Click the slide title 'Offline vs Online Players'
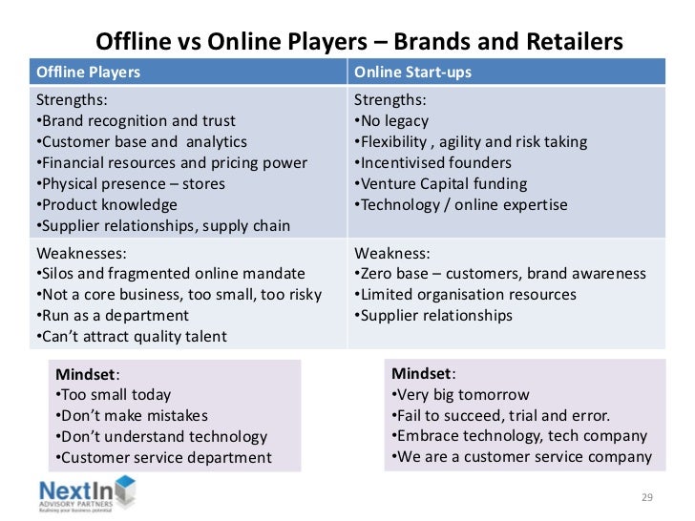click(x=359, y=43)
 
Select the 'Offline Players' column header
click(x=88, y=73)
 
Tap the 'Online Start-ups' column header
click(x=412, y=73)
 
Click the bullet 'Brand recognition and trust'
click(x=136, y=121)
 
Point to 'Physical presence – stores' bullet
click(x=131, y=184)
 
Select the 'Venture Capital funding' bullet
click(x=440, y=184)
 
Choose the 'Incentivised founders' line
click(x=432, y=163)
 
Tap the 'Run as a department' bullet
click(x=113, y=316)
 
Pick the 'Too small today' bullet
click(x=114, y=394)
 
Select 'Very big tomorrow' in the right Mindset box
click(x=460, y=394)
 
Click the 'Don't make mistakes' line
click(x=132, y=415)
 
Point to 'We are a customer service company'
click(x=521, y=457)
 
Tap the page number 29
click(x=646, y=497)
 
